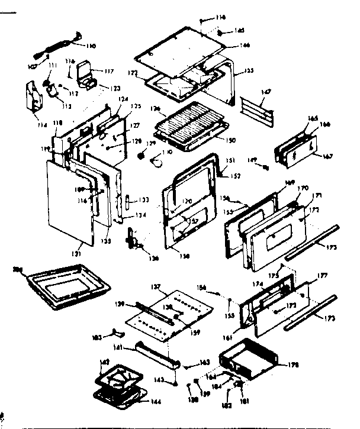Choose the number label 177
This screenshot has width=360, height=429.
coord(323,275)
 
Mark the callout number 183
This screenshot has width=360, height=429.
coord(97,337)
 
